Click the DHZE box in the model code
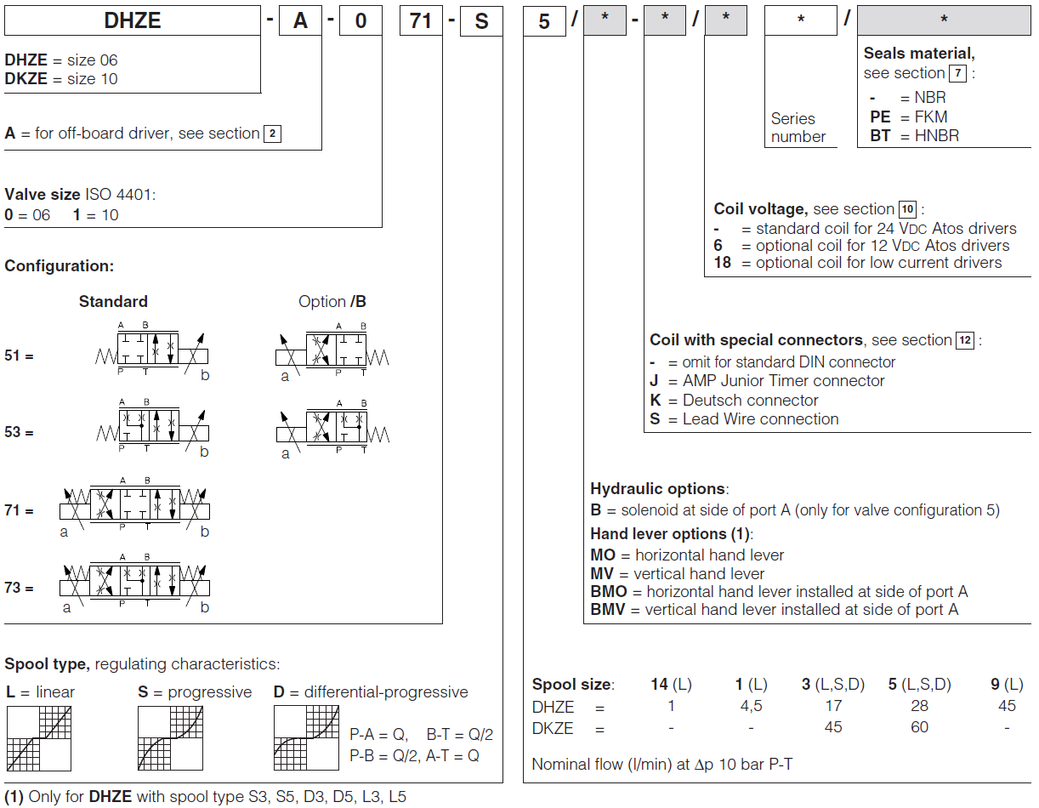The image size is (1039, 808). [x=132, y=20]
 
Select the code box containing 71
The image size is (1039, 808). [x=421, y=20]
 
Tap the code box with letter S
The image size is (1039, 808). [x=481, y=20]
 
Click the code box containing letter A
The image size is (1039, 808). [x=300, y=20]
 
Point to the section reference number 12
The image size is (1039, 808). [x=965, y=340]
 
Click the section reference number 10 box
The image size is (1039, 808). [x=908, y=209]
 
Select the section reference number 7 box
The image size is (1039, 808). [x=958, y=73]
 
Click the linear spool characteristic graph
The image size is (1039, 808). [x=39, y=738]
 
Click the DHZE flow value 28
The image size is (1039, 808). [x=919, y=706]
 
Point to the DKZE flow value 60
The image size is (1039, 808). [x=919, y=727]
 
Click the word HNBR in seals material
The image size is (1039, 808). [x=937, y=136]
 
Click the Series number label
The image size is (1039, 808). [x=798, y=128]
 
